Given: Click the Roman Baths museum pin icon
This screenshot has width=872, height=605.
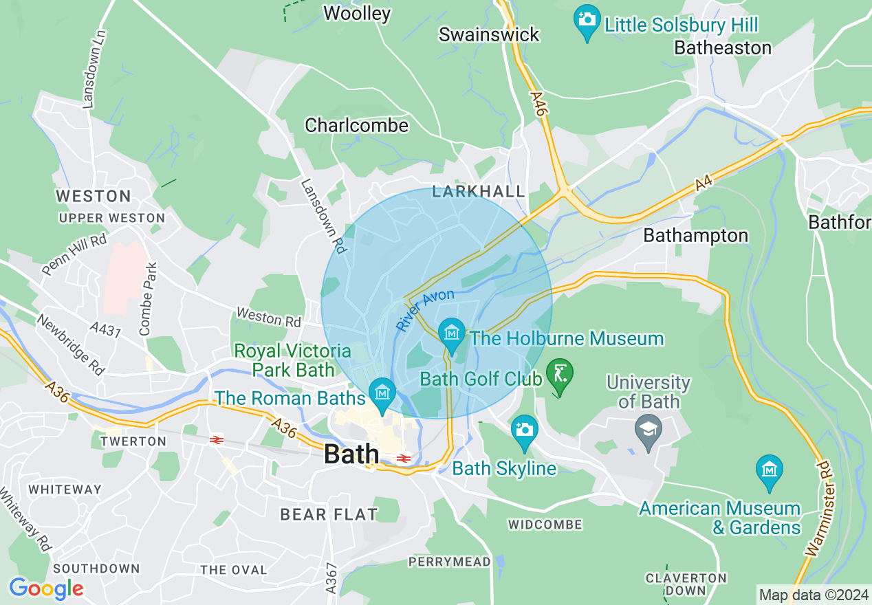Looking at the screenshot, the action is coord(382,393).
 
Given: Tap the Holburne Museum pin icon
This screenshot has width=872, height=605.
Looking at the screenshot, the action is coord(452,333).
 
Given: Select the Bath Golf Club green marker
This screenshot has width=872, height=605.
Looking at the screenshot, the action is coord(559,375).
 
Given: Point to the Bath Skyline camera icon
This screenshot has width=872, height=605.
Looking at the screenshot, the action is coord(525,430).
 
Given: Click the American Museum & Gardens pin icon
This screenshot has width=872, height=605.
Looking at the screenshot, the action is coord(769,470).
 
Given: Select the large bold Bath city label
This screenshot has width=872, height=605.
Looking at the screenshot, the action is coord(351,454).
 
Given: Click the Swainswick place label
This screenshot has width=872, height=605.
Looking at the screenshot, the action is coord(489,34).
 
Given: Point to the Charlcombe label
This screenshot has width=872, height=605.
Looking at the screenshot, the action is coord(356,125).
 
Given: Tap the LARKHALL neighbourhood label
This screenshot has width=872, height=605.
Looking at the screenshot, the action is coord(479,191).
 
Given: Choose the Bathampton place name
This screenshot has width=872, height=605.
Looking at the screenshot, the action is coord(695,235).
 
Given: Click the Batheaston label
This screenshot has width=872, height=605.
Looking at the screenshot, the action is coord(723,47).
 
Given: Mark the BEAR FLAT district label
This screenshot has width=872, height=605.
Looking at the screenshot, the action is coord(329,514).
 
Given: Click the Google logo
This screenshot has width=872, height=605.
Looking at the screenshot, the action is coord(46,588).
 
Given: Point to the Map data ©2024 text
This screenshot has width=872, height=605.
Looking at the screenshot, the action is coord(813,594).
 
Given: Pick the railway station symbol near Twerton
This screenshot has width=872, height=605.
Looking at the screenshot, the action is coord(217,439).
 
